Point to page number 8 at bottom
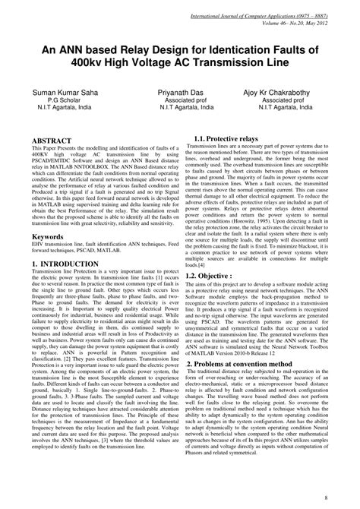(x=346, y=498)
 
